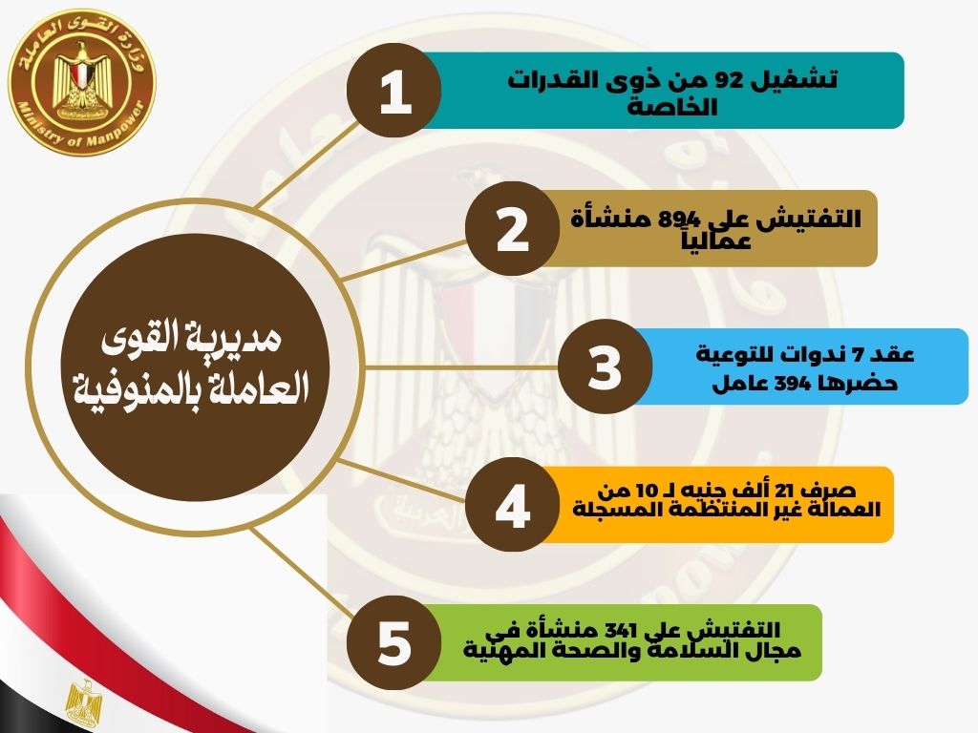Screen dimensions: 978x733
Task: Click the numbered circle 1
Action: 394,91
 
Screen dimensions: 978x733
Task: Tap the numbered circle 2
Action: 512,229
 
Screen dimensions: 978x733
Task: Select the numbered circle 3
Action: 605,366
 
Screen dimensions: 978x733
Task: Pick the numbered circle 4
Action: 512,504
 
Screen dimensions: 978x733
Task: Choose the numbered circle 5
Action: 394,642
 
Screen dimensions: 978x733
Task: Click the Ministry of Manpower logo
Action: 82,82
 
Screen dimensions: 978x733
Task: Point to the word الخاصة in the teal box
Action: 671,107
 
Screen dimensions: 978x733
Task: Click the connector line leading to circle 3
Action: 461,367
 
